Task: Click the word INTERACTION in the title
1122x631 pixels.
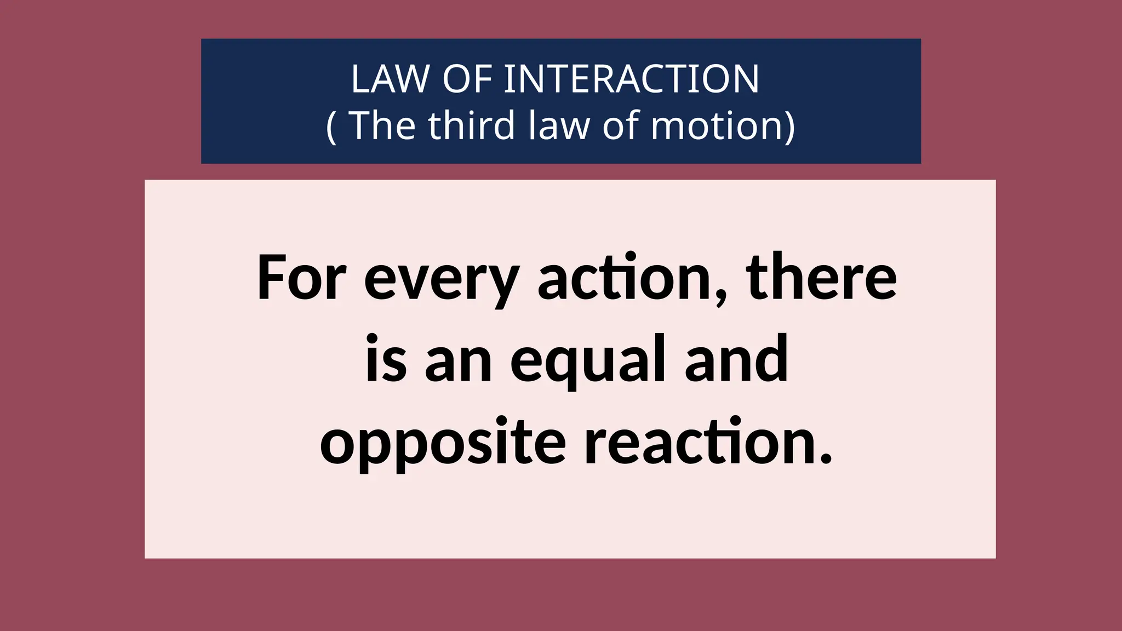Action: click(631, 79)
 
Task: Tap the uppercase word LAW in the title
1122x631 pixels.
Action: click(390, 79)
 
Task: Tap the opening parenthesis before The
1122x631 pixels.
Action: click(331, 126)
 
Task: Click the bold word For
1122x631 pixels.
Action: click(301, 278)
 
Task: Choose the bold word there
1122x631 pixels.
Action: click(822, 278)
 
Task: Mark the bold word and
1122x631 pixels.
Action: click(736, 359)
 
